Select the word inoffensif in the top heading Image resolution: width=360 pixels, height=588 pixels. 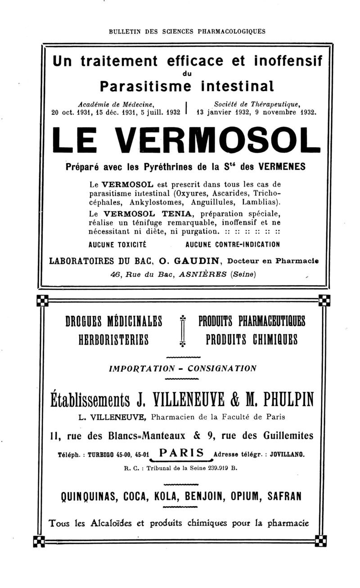click(281, 61)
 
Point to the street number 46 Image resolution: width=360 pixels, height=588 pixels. click(117, 274)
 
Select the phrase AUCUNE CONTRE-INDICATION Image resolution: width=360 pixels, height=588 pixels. click(233, 245)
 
